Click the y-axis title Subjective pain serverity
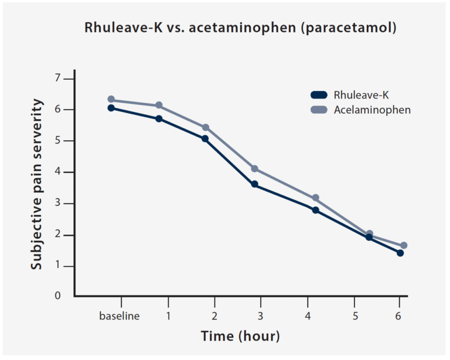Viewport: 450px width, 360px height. [37, 185]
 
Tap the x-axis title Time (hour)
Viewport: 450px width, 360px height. [240, 337]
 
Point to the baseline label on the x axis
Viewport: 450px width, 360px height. [119, 317]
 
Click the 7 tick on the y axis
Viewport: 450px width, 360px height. [57, 78]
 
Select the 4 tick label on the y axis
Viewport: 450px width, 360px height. [57, 172]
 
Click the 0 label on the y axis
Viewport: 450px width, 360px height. [57, 296]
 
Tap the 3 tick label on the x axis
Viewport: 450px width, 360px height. [261, 317]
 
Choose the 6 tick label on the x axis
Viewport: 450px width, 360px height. [400, 317]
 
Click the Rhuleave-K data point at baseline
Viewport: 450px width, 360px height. [111, 108]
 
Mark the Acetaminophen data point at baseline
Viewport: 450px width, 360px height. [111, 100]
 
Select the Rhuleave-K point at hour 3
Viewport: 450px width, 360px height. [255, 184]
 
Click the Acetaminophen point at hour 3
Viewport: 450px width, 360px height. [255, 169]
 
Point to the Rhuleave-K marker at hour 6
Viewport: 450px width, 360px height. [400, 253]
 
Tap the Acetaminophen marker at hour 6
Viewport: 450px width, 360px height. [404, 246]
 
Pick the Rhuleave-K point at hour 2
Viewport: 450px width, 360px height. [205, 139]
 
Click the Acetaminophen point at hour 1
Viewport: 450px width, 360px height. [158, 106]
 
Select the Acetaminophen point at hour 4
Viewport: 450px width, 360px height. [315, 198]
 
